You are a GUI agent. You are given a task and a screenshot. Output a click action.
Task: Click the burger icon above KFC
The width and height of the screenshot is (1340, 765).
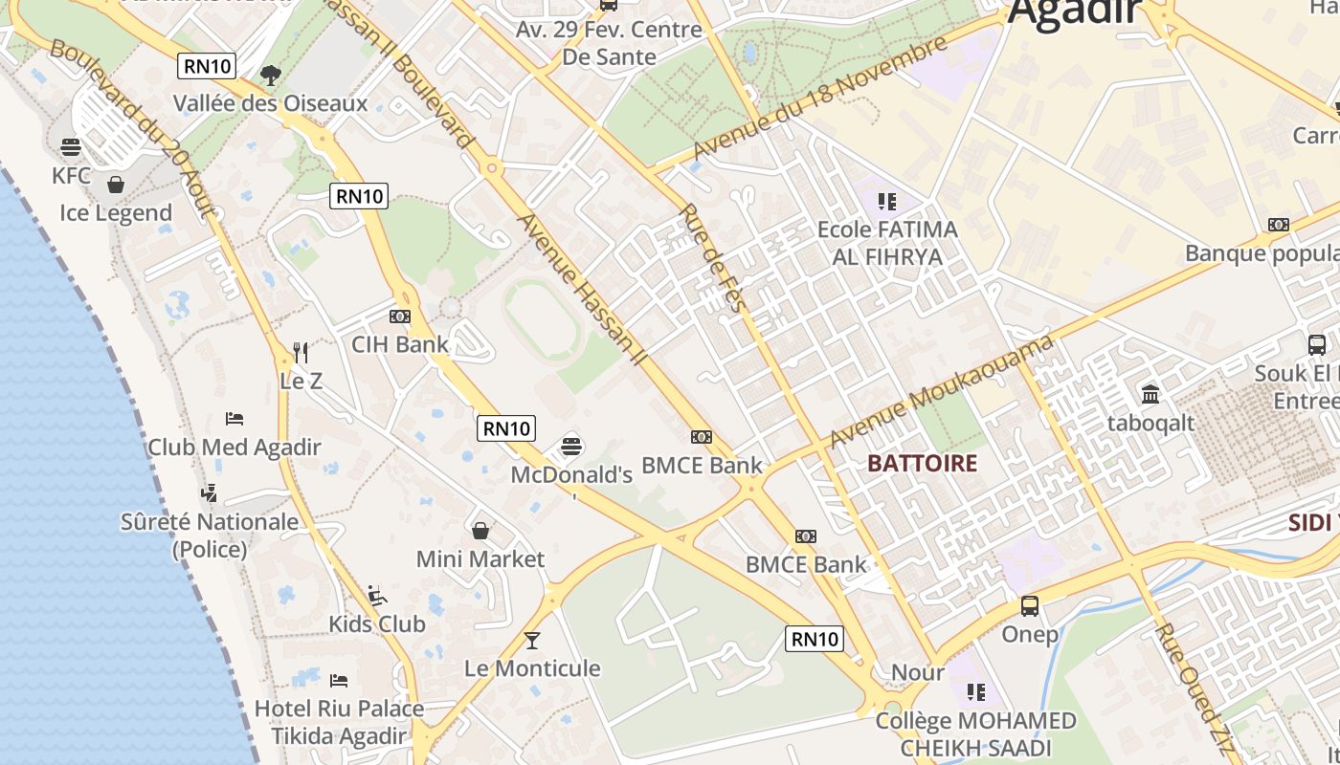pyautogui.click(x=71, y=147)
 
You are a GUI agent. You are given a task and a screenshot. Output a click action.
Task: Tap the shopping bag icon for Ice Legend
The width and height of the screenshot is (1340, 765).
pyautogui.click(x=116, y=185)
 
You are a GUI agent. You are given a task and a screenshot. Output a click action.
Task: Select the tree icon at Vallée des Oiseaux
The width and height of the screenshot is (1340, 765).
pyautogui.click(x=271, y=75)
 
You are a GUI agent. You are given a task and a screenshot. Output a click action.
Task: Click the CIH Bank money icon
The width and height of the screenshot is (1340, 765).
pyautogui.click(x=400, y=317)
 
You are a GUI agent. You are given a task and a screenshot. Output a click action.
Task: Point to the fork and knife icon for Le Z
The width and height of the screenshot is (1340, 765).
pyautogui.click(x=301, y=352)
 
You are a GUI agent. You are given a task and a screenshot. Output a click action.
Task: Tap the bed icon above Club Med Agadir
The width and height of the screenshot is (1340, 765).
pyautogui.click(x=234, y=419)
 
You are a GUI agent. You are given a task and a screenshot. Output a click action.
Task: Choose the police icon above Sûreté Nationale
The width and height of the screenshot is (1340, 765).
pyautogui.click(x=210, y=493)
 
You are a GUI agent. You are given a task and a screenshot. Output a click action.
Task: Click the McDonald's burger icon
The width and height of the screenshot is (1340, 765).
pyautogui.click(x=572, y=446)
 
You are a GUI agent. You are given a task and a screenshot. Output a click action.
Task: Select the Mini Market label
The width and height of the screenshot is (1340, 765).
pyautogui.click(x=480, y=558)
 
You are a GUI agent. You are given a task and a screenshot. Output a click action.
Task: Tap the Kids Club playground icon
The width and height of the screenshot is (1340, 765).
pyautogui.click(x=377, y=596)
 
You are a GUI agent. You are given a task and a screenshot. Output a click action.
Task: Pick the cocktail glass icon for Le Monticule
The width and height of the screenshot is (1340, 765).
pyautogui.click(x=532, y=640)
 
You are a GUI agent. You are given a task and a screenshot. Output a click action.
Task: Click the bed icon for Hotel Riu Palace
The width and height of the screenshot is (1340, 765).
pyautogui.click(x=339, y=681)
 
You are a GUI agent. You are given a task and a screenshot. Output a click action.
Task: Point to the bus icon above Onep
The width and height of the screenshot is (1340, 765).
pyautogui.click(x=1030, y=606)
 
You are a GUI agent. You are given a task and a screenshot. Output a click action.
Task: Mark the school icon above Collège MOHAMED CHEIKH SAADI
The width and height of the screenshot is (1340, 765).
pyautogui.click(x=975, y=691)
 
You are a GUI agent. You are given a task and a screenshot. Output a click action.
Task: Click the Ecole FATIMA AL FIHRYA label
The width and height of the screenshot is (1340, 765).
pyautogui.click(x=886, y=243)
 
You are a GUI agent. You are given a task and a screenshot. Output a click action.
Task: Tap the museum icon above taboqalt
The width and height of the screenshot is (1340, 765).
pyautogui.click(x=1150, y=394)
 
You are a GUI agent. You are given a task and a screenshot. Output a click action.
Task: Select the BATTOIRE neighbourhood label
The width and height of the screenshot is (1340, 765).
pyautogui.click(x=922, y=464)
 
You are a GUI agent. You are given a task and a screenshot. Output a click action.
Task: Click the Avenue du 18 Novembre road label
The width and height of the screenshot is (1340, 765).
pyautogui.click(x=819, y=98)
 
